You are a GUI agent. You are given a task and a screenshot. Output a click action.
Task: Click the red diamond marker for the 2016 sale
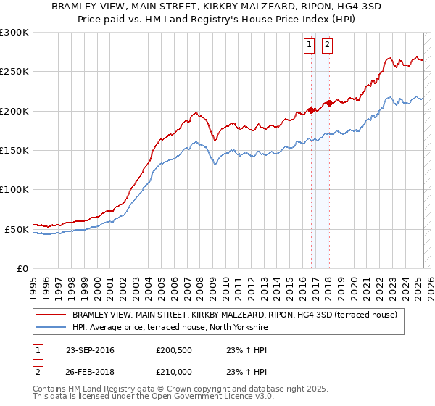click(x=311, y=110)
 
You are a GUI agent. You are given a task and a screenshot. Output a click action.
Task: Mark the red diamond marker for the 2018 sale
click(x=329, y=103)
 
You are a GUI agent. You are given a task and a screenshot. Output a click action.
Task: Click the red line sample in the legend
click(x=51, y=315)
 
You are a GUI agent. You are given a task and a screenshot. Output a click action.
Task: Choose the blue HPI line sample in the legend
click(x=51, y=328)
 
